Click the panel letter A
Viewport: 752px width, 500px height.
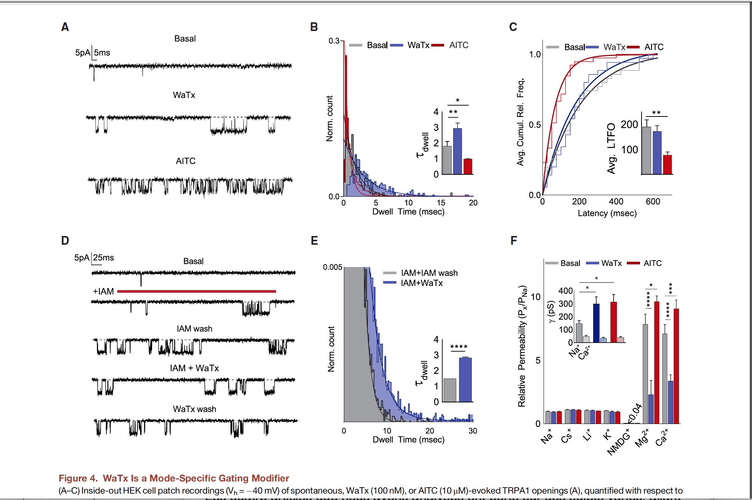pos(65,27)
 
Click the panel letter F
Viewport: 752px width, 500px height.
pos(513,241)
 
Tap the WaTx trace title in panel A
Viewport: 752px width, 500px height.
pos(184,95)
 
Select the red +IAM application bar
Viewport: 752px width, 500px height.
pos(196,291)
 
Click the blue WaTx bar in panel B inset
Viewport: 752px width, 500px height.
pos(457,151)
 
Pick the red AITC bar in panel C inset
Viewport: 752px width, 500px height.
pos(667,165)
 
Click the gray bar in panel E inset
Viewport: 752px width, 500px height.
pos(450,390)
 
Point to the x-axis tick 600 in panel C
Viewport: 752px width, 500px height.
pos(653,202)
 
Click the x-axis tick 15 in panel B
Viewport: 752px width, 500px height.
pos(441,203)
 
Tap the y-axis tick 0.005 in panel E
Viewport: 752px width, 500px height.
pos(332,267)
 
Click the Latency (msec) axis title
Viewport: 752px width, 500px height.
pos(607,213)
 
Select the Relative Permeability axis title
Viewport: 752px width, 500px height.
pos(522,346)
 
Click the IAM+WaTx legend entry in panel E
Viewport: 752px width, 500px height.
pos(421,283)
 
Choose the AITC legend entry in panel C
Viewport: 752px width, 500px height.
pos(653,47)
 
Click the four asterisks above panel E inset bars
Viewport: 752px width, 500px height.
pos(458,347)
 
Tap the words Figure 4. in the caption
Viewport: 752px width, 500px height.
pos(78,478)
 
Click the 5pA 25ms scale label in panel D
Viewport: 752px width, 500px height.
pos(94,258)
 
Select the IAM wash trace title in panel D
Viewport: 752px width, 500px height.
pos(194,329)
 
